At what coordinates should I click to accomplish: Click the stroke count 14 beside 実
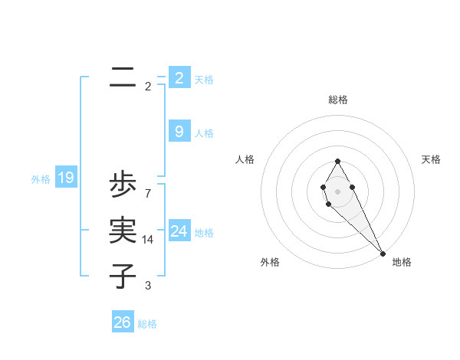[x=148, y=240]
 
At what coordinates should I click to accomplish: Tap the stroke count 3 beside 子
[x=148, y=286]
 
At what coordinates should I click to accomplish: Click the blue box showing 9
[x=179, y=132]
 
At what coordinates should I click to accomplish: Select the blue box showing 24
[x=179, y=231]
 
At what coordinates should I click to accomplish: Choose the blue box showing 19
[x=65, y=178]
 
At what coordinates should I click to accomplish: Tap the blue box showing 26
[x=123, y=322]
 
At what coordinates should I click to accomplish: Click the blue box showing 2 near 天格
[x=179, y=78]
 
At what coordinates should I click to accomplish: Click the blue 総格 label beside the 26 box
[x=147, y=324]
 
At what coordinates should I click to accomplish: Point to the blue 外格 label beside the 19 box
[x=41, y=179]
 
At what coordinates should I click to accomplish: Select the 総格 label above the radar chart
[x=338, y=100]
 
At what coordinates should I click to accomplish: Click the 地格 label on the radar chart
[x=402, y=262]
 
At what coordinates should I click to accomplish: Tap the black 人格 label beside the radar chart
[x=245, y=159]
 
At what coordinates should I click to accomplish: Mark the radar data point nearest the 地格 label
[x=382, y=253]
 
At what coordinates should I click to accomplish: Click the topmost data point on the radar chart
[x=337, y=161]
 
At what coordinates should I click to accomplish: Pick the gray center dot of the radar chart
[x=337, y=191]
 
